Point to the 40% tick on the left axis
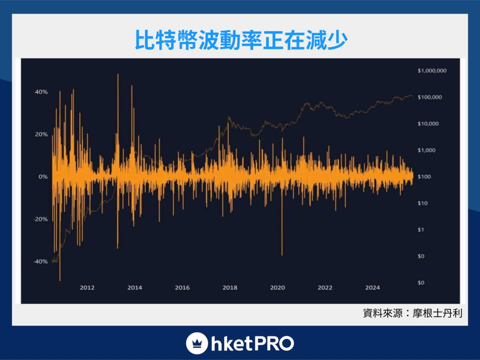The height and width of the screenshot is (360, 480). click(x=41, y=92)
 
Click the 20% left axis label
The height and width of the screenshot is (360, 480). click(x=41, y=134)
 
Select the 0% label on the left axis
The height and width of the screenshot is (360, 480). click(x=43, y=177)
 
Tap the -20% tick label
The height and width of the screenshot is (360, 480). click(x=40, y=219)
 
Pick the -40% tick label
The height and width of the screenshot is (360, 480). click(x=40, y=262)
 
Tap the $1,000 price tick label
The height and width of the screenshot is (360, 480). click(x=426, y=150)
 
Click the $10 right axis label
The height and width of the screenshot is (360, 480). click(x=422, y=203)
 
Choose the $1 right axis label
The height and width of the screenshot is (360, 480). click(x=421, y=230)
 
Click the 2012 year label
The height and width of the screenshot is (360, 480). click(x=87, y=288)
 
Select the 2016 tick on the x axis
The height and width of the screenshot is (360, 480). click(x=182, y=288)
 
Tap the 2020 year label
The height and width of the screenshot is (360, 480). click(x=278, y=288)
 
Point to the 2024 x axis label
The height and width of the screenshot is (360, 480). click(x=373, y=288)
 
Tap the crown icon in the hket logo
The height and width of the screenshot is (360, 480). click(x=196, y=343)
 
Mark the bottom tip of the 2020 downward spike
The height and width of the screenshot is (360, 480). click(x=282, y=255)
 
